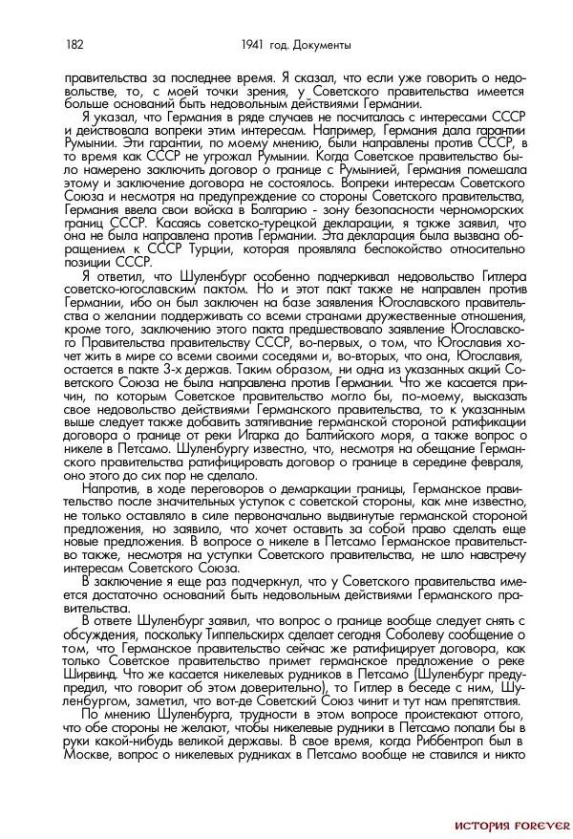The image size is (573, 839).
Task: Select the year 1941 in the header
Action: (253, 45)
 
